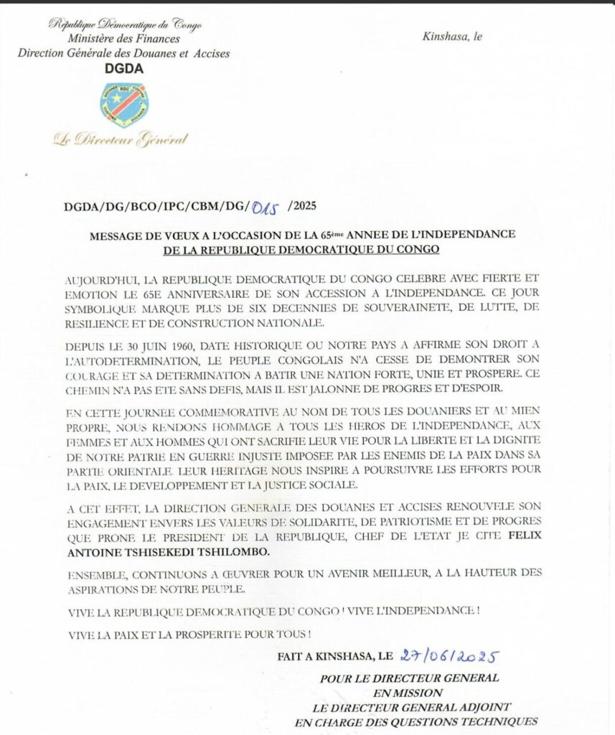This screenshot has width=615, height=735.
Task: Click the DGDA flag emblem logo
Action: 123,105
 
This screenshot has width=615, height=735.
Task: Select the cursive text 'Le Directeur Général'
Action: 120,139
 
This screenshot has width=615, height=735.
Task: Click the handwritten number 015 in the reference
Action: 265,207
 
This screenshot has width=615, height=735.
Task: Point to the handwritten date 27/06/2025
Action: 450,657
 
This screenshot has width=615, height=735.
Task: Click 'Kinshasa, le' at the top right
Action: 452,37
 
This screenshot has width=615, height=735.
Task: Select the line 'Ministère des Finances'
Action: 123,39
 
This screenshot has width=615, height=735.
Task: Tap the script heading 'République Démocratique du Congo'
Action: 125,24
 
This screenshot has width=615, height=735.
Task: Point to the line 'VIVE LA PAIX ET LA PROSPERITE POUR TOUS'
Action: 190,635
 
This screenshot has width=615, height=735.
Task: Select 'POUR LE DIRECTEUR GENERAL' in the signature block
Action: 410,678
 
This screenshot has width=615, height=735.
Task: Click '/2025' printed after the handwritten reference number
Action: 301,207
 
